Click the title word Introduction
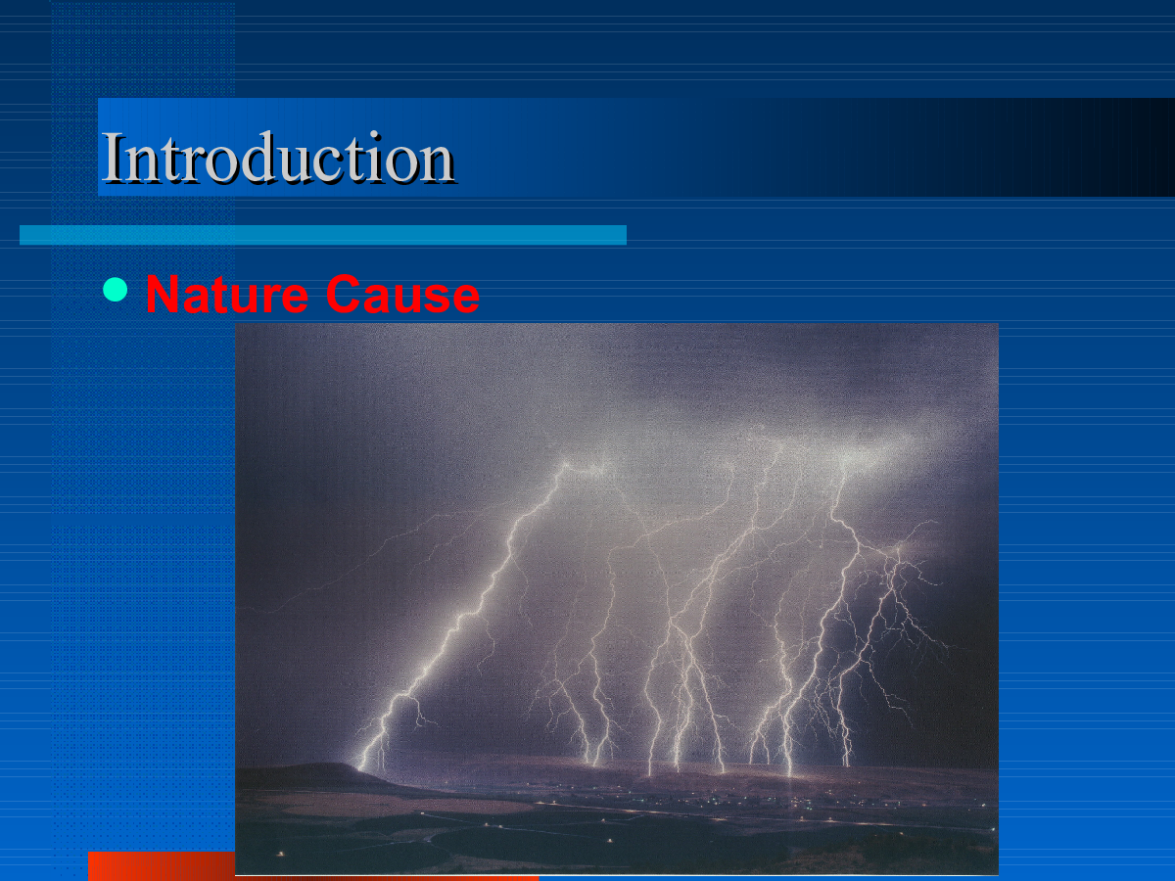click(278, 157)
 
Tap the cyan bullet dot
click(116, 290)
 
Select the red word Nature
click(227, 294)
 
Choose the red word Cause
click(402, 294)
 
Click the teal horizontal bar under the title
click(323, 235)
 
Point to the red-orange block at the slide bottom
click(162, 865)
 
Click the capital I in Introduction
click(113, 158)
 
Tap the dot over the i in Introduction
click(375, 135)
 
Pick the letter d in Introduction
click(263, 156)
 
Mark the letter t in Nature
click(224, 296)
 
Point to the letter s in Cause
click(432, 299)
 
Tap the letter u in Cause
click(399, 299)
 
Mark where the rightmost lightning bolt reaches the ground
click(847, 765)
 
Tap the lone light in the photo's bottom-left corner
click(280, 854)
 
